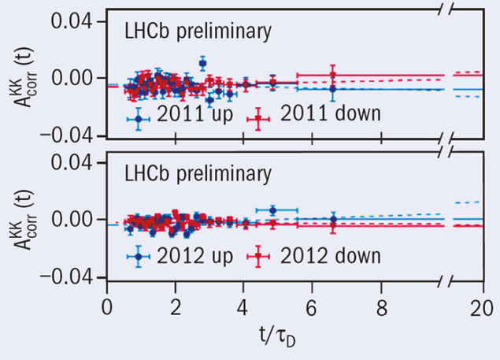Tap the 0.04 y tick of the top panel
(70, 21)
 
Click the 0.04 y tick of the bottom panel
(70, 162)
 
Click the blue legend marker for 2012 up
(139, 257)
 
